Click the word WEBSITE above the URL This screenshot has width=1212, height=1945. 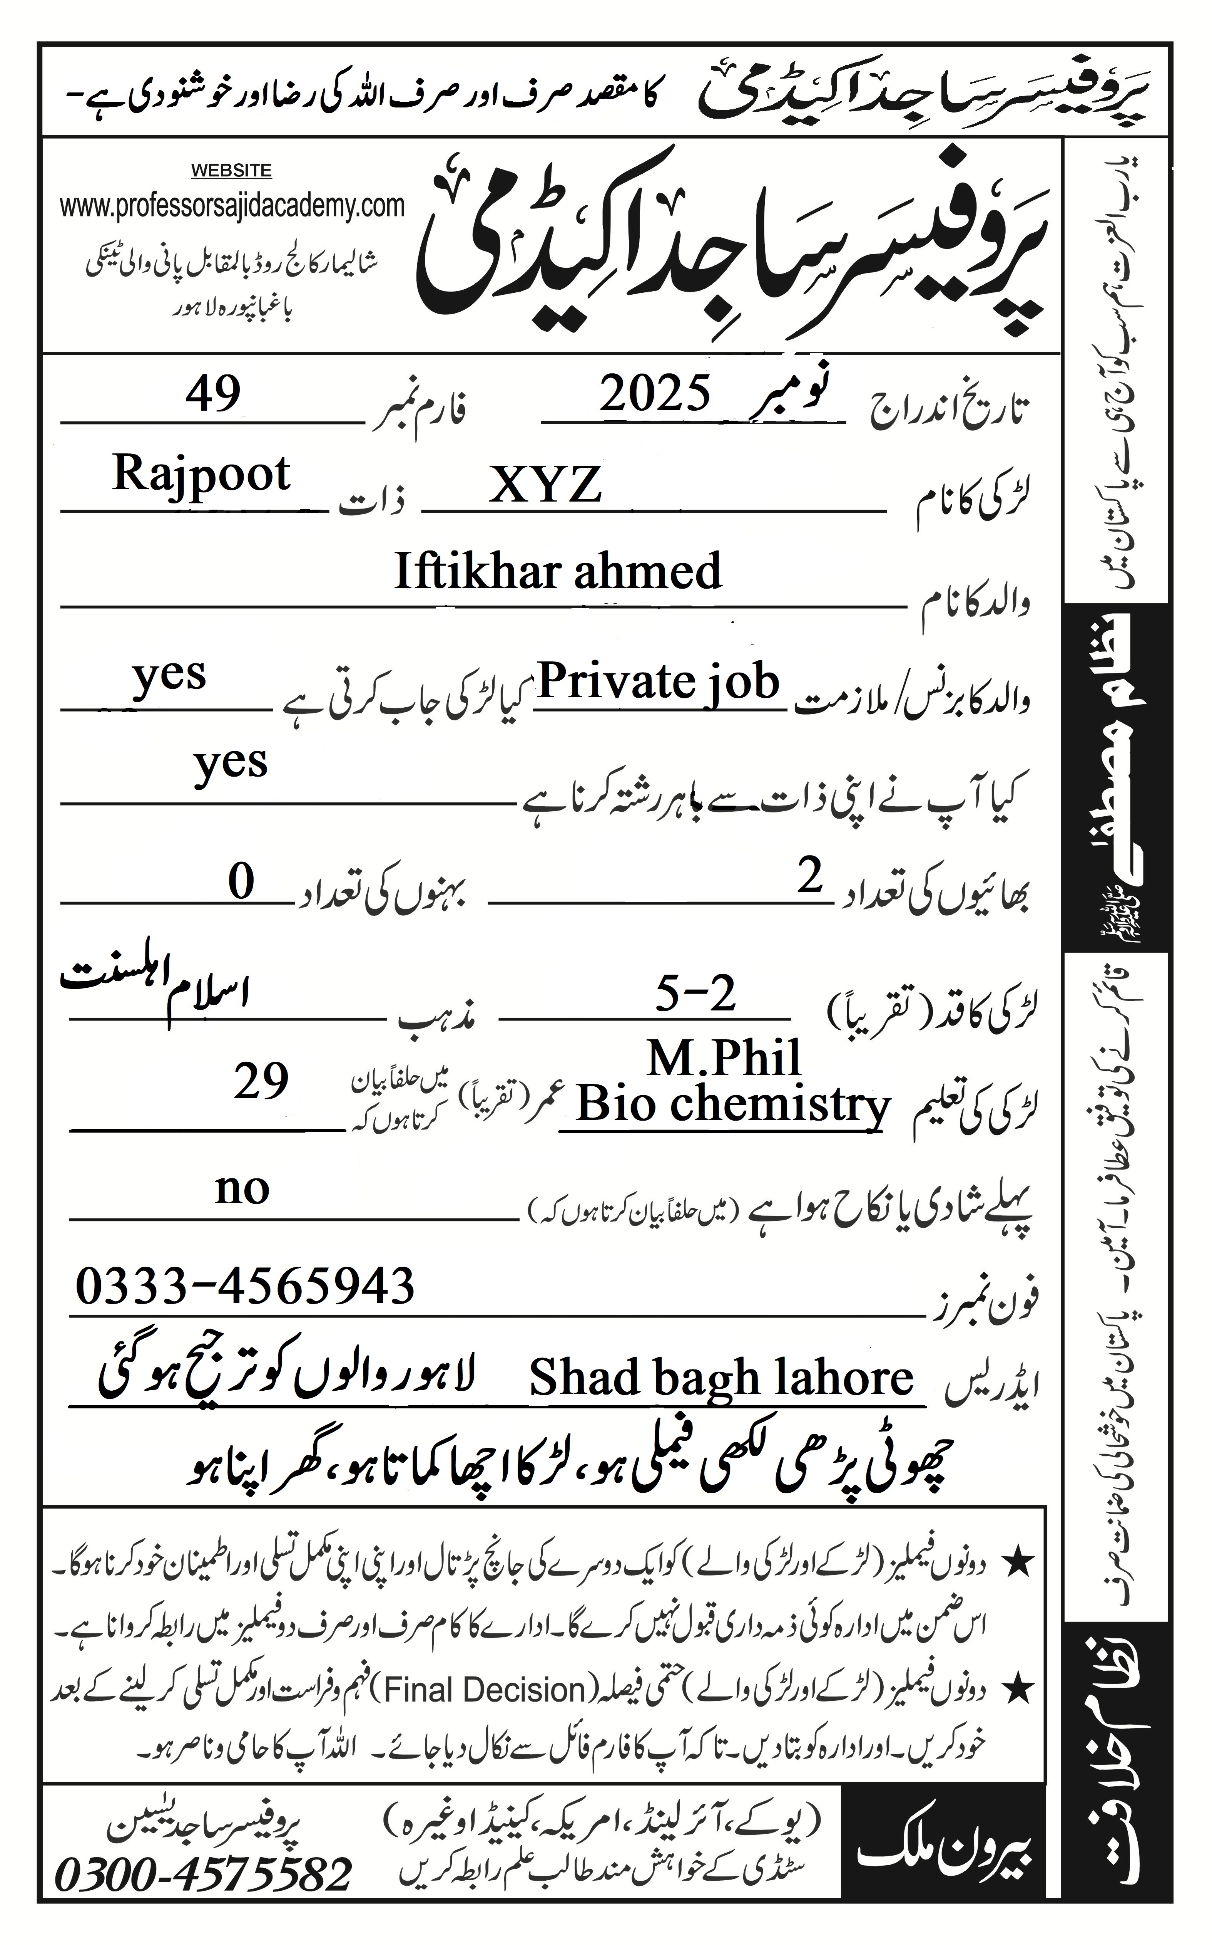[231, 171]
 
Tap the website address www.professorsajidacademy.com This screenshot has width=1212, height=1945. [232, 206]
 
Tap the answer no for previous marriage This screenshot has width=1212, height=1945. [242, 1189]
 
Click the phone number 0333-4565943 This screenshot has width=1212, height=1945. [245, 1286]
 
